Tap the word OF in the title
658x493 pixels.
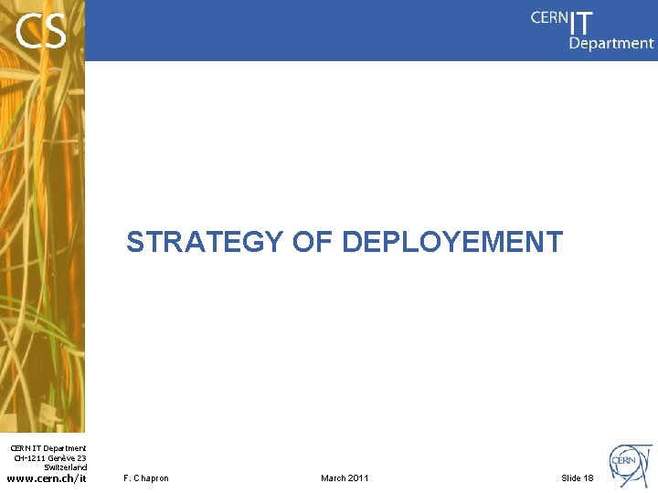coord(312,242)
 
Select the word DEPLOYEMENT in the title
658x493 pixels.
coord(451,242)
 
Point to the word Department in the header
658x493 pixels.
coord(611,43)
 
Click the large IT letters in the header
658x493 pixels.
coord(581,22)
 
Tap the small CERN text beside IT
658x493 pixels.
coord(549,17)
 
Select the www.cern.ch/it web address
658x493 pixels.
coord(47,477)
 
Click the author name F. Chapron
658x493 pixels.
coord(146,478)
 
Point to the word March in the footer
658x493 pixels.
coord(333,478)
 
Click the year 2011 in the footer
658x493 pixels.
coord(358,478)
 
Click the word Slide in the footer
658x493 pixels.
coord(570,478)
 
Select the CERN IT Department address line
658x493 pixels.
coord(48,448)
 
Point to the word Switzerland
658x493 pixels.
coord(65,467)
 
